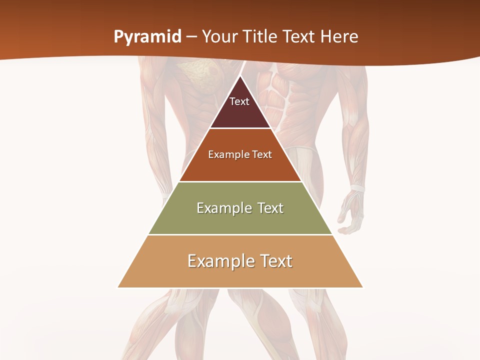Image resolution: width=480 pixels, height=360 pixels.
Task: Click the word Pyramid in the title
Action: point(147,37)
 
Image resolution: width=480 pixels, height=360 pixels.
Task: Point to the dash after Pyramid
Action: point(191,37)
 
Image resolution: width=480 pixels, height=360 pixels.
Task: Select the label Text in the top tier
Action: point(239,101)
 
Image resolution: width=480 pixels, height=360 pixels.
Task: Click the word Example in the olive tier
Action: point(222,208)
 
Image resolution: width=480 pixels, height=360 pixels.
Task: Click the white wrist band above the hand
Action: point(357,188)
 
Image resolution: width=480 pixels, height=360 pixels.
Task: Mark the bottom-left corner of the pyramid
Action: point(118,287)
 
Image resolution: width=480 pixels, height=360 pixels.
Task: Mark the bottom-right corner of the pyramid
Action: point(363,287)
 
